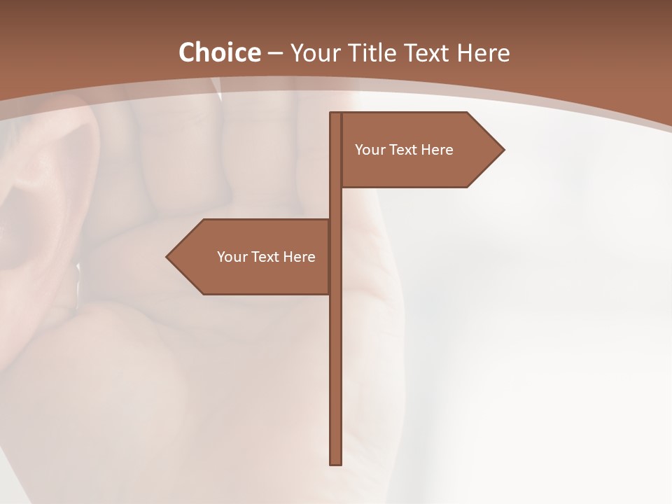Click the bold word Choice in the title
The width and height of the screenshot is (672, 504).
pyautogui.click(x=219, y=52)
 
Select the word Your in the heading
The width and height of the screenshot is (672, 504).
pyautogui.click(x=313, y=53)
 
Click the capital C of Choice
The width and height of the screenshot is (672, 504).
pyautogui.click(x=188, y=52)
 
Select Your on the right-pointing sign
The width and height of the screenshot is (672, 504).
pyautogui.click(x=369, y=150)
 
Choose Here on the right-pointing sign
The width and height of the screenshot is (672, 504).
pyautogui.click(x=437, y=150)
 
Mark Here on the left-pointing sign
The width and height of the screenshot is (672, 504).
pyautogui.click(x=300, y=257)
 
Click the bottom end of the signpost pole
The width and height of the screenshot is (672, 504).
pyautogui.click(x=336, y=462)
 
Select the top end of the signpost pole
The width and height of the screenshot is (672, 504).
pyautogui.click(x=336, y=115)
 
